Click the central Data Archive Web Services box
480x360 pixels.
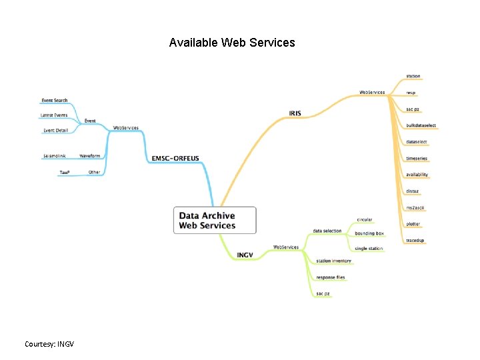point(214,220)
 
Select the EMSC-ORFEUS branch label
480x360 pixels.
point(175,158)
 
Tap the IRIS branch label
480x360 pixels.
point(295,113)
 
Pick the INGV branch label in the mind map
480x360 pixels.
point(245,255)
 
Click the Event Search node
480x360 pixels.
point(55,101)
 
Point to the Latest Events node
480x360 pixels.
point(54,115)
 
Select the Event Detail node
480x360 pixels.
point(55,131)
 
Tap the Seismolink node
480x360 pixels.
point(55,156)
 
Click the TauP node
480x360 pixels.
point(65,172)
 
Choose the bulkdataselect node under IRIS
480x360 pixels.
point(421,125)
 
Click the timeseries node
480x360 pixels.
point(417,158)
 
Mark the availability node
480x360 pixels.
point(417,175)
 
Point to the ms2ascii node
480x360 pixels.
point(414,207)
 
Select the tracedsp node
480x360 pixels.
point(415,240)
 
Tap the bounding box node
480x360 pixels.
point(369,233)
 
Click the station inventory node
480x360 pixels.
point(333,261)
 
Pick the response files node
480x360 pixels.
point(331,277)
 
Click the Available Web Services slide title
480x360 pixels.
point(232,43)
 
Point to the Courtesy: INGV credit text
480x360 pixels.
point(49,344)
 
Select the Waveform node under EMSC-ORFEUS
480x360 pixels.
point(90,156)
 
